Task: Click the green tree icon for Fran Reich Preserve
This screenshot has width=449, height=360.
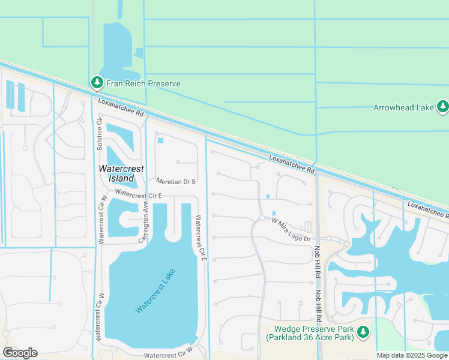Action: click(96, 83)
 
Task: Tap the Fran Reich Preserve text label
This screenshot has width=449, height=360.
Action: click(143, 83)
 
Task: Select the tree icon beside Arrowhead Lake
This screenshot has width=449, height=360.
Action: click(442, 107)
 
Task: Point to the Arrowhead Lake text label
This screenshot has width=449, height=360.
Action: click(403, 108)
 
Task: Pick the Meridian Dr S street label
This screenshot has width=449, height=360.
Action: click(176, 181)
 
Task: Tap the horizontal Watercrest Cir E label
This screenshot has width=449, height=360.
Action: click(139, 194)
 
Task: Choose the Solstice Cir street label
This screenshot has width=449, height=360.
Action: click(100, 135)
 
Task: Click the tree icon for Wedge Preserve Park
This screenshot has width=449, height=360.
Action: click(363, 332)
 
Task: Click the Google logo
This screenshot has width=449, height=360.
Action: click(20, 352)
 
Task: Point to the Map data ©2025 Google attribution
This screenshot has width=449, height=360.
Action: click(412, 355)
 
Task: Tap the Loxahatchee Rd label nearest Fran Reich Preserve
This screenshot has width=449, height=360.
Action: click(121, 109)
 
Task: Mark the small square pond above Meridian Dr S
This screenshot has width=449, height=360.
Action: click(161, 141)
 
